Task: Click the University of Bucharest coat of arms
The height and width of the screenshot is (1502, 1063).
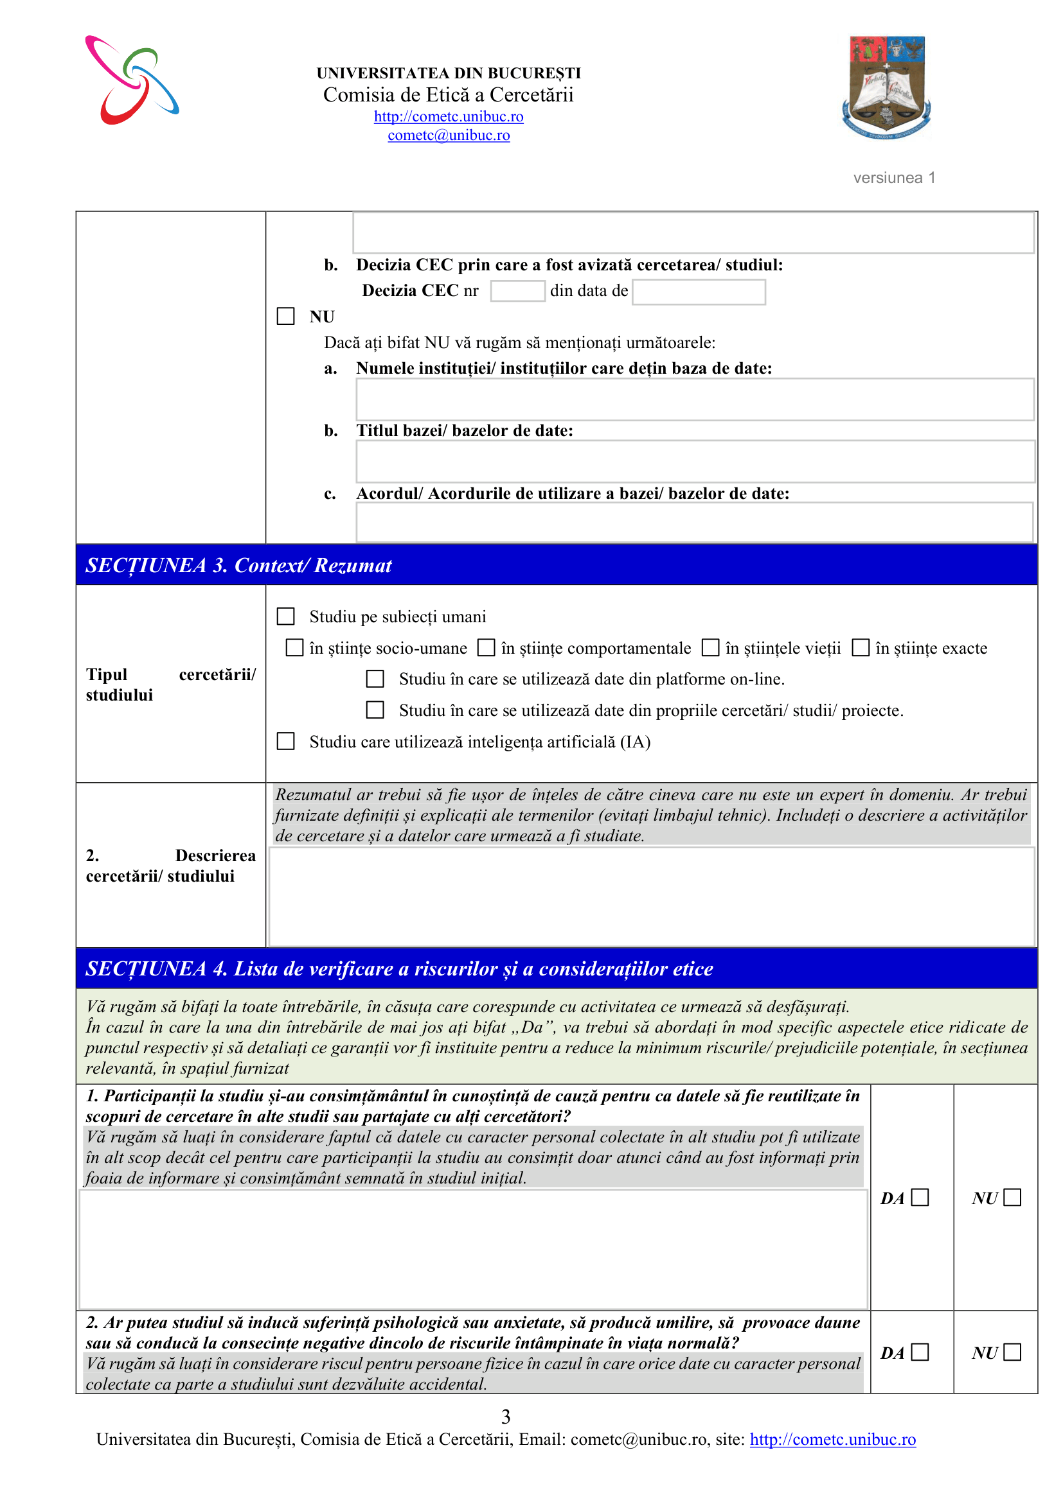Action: [x=887, y=87]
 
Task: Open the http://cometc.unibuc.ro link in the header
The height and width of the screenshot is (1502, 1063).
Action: [x=449, y=116]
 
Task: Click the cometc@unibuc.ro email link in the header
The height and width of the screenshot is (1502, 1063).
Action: [x=449, y=135]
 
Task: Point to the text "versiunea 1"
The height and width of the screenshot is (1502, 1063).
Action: [x=894, y=178]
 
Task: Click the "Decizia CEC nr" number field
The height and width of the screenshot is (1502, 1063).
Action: [x=517, y=291]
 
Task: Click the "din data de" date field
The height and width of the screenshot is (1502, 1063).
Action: [x=699, y=292]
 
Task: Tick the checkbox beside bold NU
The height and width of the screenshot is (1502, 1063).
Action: [x=286, y=317]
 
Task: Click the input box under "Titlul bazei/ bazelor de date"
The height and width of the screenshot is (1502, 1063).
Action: [x=695, y=461]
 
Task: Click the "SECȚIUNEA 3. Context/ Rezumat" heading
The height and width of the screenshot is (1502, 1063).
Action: [x=239, y=565]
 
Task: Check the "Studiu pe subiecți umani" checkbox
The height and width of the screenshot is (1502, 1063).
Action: [x=286, y=616]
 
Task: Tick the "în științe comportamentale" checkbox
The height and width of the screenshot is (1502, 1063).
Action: [x=486, y=648]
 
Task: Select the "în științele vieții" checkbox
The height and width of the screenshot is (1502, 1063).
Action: [x=710, y=648]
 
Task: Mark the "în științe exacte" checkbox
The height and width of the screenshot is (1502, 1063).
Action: [x=860, y=648]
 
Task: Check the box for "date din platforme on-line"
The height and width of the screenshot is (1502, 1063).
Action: [x=375, y=679]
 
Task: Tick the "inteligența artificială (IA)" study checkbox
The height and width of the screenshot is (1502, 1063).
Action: [x=286, y=741]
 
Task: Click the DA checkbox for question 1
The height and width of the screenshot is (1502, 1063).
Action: [x=920, y=1197]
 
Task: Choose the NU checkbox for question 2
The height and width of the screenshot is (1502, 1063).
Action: [x=1012, y=1352]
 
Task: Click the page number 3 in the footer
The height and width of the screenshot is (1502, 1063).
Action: [x=505, y=1417]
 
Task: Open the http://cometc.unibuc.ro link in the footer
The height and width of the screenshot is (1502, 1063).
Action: [x=832, y=1439]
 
